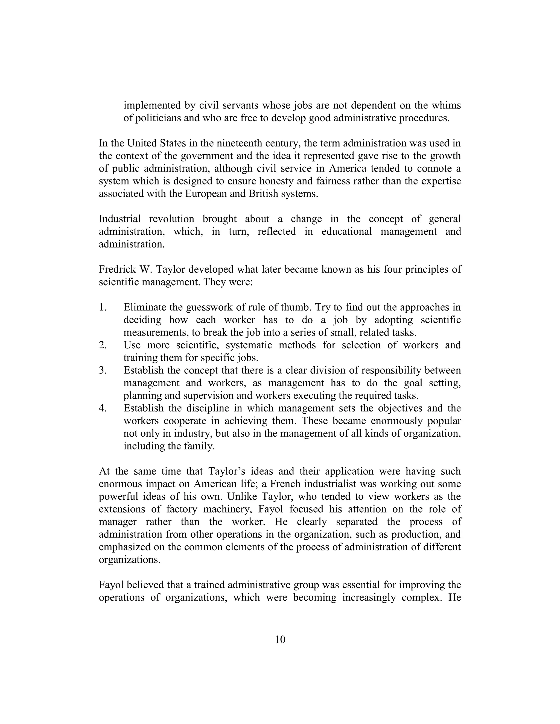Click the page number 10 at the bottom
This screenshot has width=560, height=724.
coord(280,640)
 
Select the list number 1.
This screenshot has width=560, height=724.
coord(103,307)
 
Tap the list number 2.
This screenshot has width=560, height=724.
coord(103,345)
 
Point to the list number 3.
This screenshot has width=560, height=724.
coord(103,370)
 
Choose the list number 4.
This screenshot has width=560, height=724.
coord(103,408)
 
